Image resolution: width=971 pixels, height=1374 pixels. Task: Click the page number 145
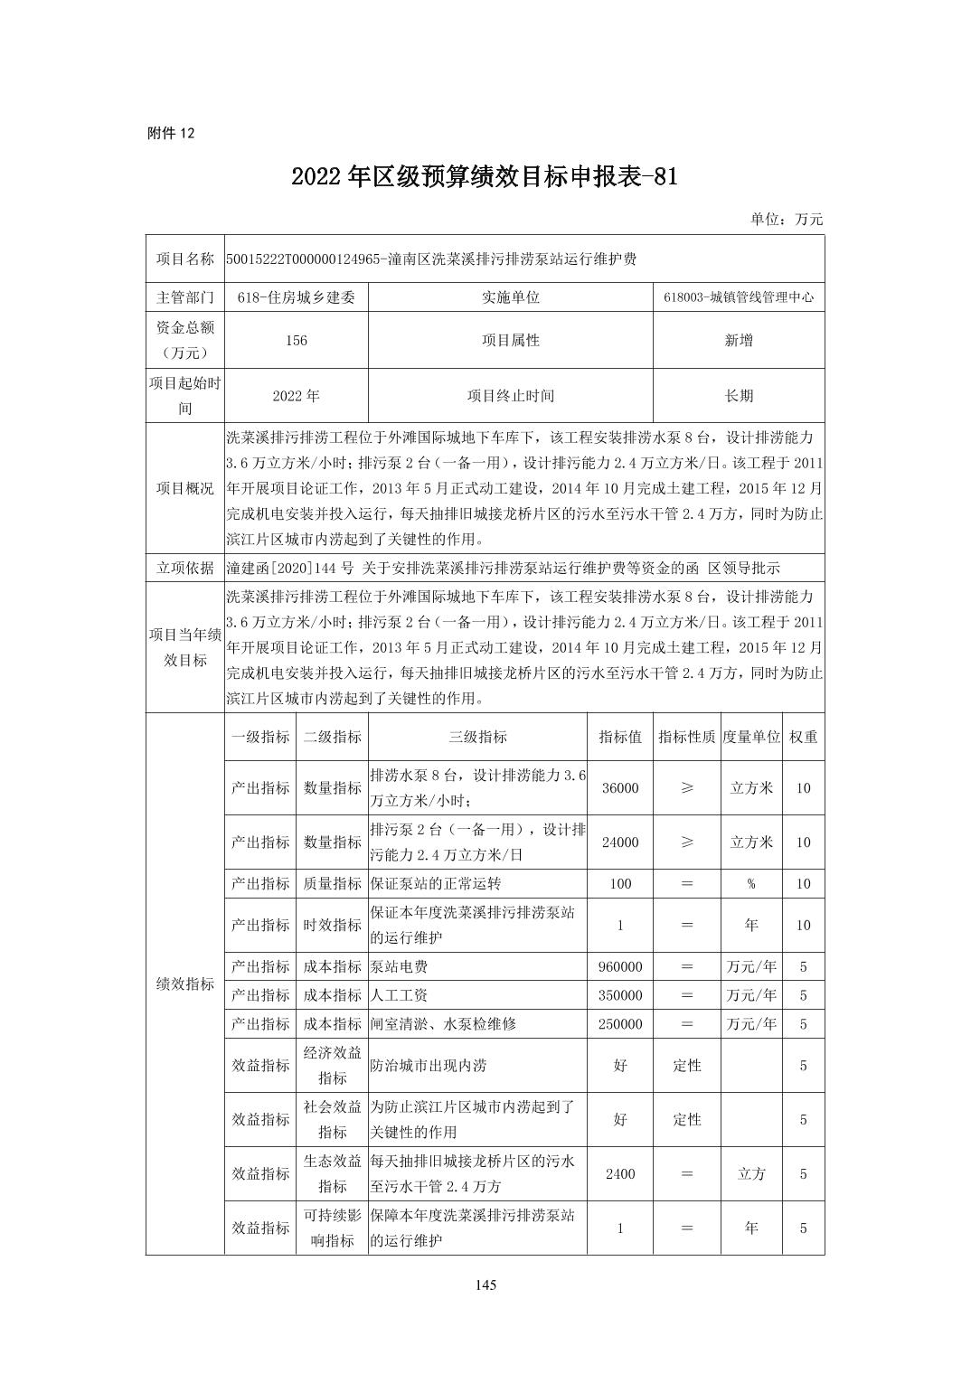click(485, 1285)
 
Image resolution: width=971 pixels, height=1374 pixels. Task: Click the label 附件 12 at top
click(170, 133)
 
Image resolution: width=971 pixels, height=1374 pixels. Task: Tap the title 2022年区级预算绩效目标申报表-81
click(485, 177)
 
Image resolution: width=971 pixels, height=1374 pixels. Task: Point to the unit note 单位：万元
click(787, 219)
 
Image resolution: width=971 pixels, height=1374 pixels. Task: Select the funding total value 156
click(296, 341)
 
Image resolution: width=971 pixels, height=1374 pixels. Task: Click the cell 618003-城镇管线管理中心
click(738, 296)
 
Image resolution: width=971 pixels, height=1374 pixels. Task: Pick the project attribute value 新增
click(738, 341)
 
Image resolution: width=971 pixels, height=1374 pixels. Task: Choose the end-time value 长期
click(738, 396)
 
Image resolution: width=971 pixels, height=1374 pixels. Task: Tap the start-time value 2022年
click(296, 396)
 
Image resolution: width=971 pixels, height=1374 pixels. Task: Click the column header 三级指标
click(477, 737)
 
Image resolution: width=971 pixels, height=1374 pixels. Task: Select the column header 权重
click(803, 737)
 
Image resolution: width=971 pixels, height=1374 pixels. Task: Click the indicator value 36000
click(620, 788)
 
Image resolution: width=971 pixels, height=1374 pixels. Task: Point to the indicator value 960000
click(620, 967)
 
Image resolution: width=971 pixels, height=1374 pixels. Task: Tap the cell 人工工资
click(399, 995)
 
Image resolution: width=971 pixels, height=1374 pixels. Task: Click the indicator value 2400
click(620, 1174)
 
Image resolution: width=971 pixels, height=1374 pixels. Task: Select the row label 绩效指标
click(185, 983)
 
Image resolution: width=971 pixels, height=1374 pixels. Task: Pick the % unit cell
click(750, 884)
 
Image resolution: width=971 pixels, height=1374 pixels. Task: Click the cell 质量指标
click(332, 884)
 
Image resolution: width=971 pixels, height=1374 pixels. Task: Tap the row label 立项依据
click(185, 568)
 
